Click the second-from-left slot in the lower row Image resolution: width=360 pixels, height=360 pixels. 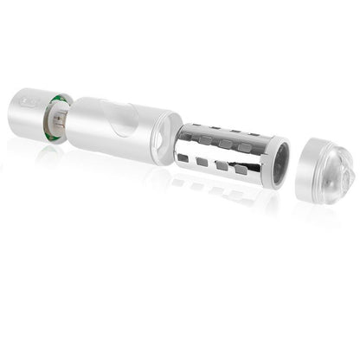[x=220, y=163]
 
